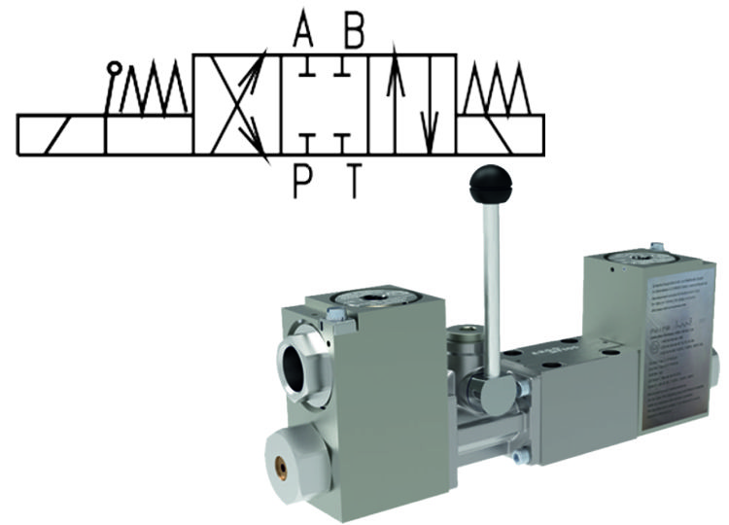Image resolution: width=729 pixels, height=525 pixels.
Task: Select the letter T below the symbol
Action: [354, 180]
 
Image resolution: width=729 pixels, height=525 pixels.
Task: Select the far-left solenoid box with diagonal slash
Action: [60, 134]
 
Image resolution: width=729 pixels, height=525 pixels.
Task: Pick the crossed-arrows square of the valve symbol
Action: [237, 105]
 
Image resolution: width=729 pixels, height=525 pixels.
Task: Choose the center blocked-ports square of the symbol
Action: [325, 105]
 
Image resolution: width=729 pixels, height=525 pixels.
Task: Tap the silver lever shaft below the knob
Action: [491, 282]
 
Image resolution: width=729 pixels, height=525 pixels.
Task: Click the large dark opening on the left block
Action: [309, 365]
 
